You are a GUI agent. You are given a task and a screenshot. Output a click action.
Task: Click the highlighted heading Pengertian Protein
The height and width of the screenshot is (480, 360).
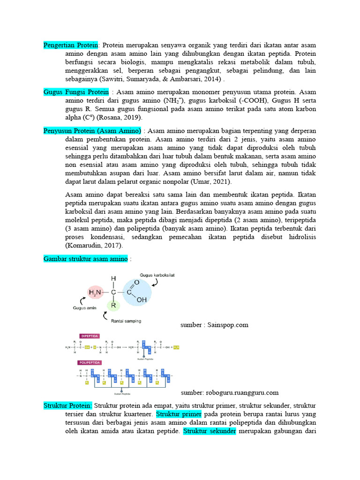(x=71, y=45)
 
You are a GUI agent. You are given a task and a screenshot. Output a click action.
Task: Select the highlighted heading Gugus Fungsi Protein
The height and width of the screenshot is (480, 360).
(x=76, y=91)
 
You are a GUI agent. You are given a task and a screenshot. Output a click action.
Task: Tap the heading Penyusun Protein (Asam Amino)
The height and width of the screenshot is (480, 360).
(x=92, y=130)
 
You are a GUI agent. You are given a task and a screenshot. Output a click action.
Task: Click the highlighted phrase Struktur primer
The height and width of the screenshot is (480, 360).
(x=179, y=414)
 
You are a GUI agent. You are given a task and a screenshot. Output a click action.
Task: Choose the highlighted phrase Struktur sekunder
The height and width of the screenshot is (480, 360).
(x=210, y=431)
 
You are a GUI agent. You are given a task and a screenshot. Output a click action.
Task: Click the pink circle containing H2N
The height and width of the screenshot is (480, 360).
(x=95, y=293)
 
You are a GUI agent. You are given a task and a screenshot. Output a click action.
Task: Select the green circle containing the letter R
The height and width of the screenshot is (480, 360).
(x=113, y=306)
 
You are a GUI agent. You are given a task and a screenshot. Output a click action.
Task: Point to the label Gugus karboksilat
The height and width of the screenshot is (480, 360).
(x=157, y=275)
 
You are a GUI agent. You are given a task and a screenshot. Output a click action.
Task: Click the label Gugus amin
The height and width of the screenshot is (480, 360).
(x=84, y=308)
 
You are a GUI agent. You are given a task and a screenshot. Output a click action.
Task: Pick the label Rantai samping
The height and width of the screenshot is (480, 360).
(x=126, y=321)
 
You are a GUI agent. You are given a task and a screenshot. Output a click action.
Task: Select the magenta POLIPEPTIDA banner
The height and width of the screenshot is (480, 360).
(x=90, y=362)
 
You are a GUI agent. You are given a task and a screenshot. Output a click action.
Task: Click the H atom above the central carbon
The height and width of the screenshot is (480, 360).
(x=113, y=278)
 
